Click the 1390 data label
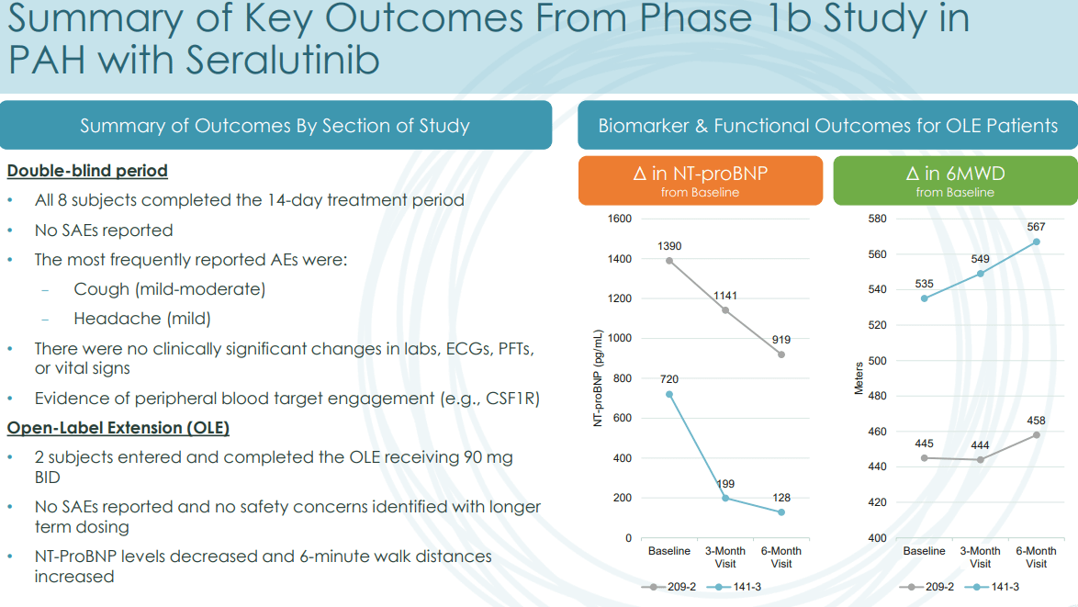point(669,246)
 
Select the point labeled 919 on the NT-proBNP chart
point(781,354)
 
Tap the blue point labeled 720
point(669,395)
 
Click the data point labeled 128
point(781,512)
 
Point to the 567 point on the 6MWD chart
point(1036,242)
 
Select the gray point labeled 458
point(1036,435)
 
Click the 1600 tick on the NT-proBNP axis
point(620,219)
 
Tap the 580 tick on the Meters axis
point(877,219)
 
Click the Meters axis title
point(859,378)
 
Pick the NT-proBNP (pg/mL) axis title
point(598,378)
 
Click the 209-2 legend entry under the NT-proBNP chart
point(668,587)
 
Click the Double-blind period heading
point(87,171)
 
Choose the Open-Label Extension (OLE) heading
point(118,428)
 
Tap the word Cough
point(102,289)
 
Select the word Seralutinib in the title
point(283,60)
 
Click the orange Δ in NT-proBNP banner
point(701,180)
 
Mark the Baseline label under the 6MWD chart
point(924,551)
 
